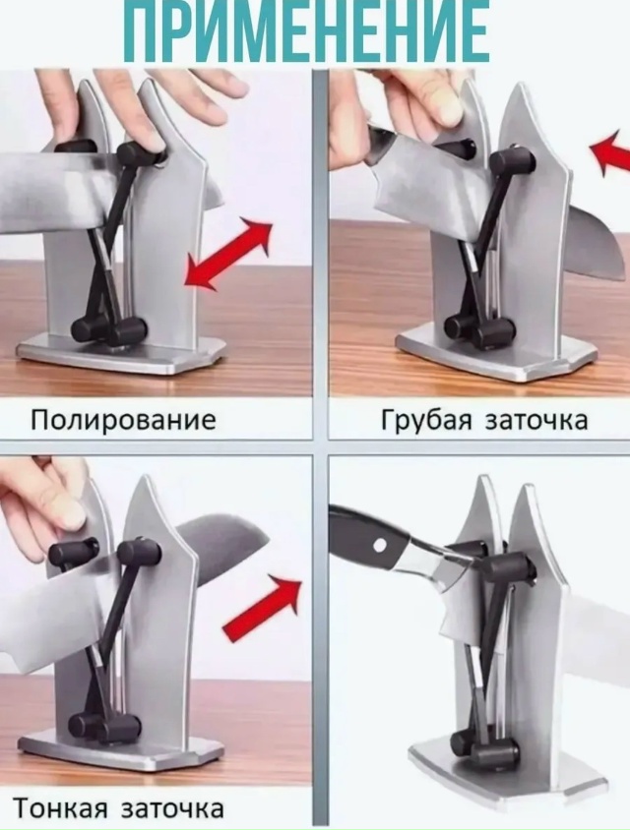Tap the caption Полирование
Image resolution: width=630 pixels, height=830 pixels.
[123, 420]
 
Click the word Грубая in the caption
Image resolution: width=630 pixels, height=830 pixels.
[426, 421]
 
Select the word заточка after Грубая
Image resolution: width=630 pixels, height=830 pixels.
[536, 421]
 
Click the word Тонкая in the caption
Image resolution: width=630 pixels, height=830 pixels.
[60, 808]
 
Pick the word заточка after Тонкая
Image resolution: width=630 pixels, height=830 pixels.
[172, 808]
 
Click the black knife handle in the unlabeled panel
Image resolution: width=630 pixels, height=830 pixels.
[371, 538]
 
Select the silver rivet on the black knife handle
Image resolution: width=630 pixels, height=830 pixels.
[378, 545]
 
